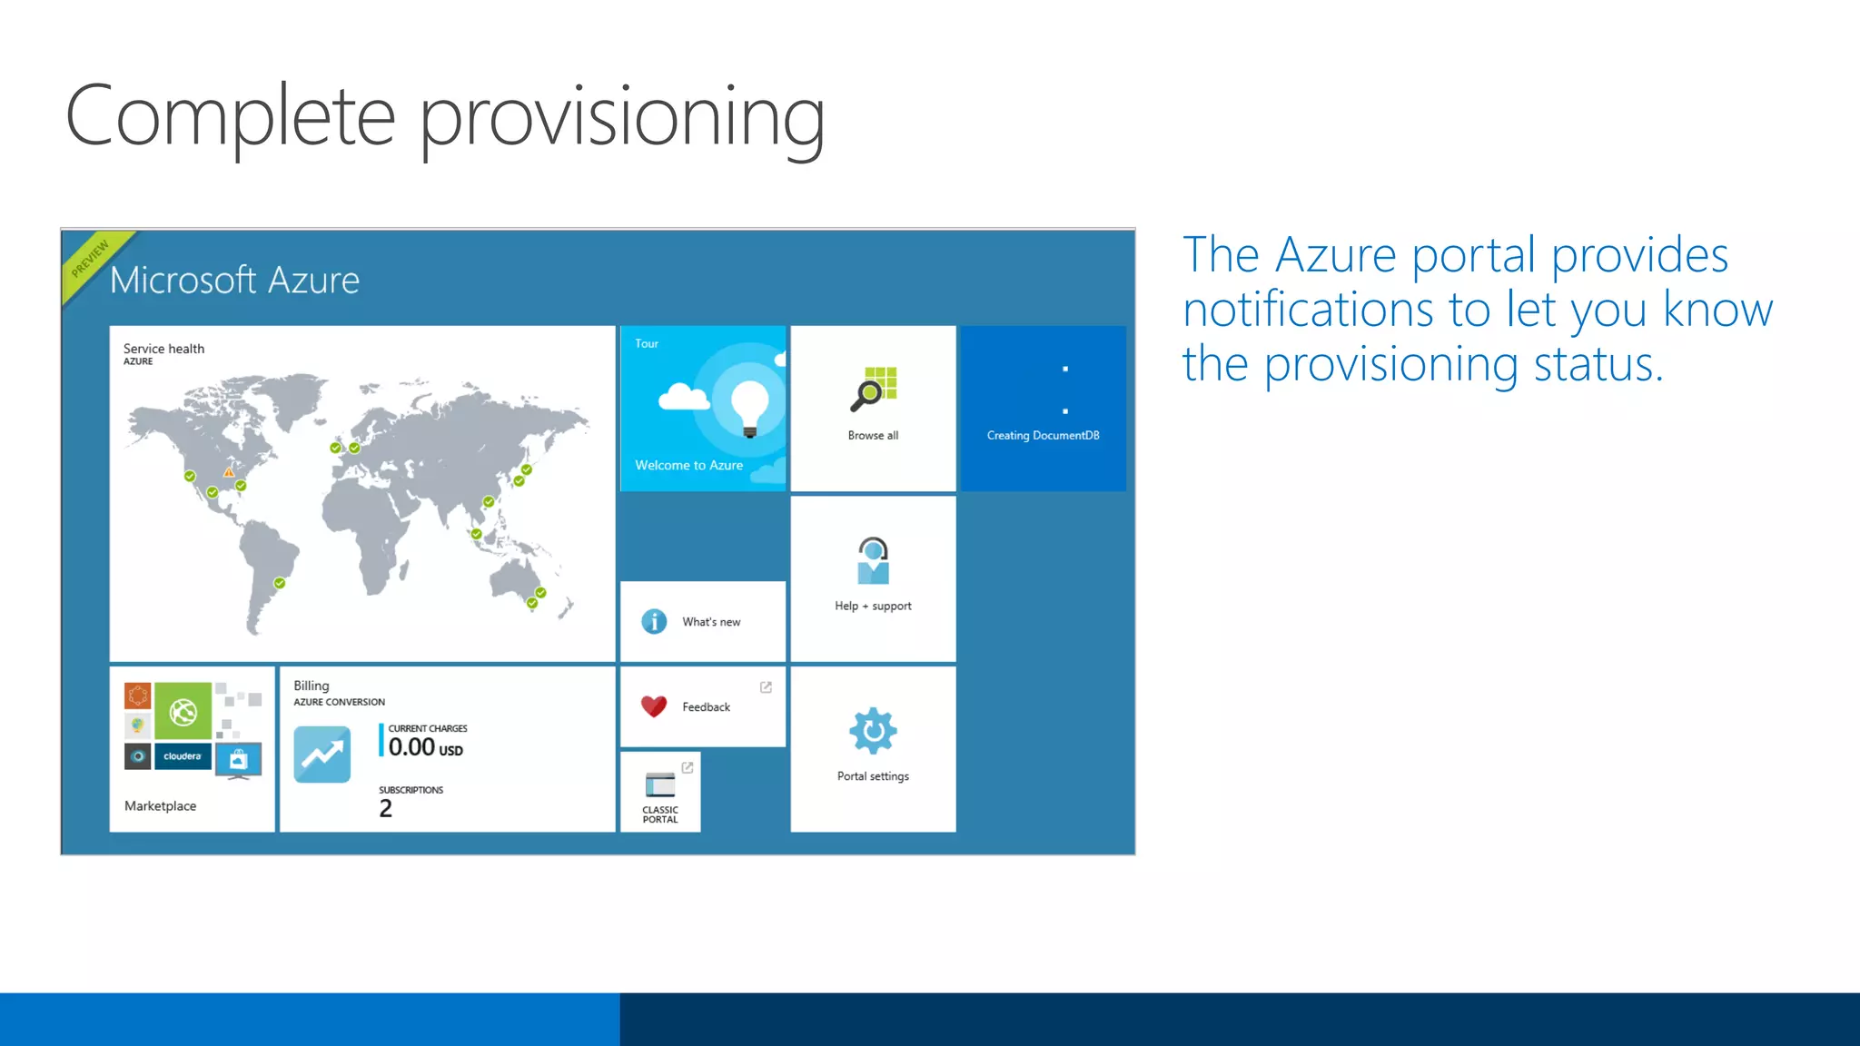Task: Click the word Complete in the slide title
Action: (231, 116)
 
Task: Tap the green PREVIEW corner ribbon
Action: (91, 259)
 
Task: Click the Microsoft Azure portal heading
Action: (234, 280)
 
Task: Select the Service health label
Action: (163, 349)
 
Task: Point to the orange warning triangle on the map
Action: (229, 472)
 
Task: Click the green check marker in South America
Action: (280, 583)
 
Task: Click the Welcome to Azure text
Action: (688, 465)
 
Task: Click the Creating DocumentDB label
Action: (1043, 436)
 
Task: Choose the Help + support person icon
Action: (873, 560)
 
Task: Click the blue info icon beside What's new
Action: (654, 621)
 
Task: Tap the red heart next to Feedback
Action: (654, 706)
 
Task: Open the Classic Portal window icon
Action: (660, 784)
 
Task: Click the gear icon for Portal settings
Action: (873, 731)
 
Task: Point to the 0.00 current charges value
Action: (412, 747)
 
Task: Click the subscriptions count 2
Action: (386, 808)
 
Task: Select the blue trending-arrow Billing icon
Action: (322, 755)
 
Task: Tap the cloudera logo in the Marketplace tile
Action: (183, 756)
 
